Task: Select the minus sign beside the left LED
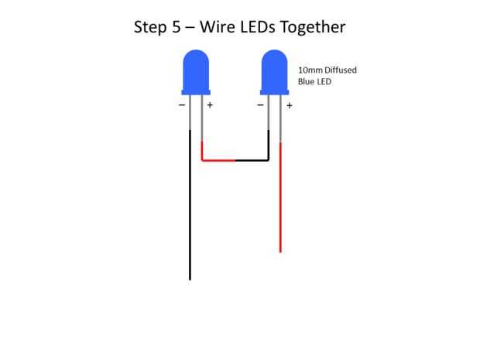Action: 182,105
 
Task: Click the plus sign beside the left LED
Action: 210,105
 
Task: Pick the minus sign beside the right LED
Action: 260,105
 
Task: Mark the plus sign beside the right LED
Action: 289,105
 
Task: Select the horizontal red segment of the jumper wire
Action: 218,160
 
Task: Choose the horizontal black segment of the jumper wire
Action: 252,160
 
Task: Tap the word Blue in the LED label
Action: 307,81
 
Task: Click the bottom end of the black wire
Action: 190,278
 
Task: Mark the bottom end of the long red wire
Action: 280,251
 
